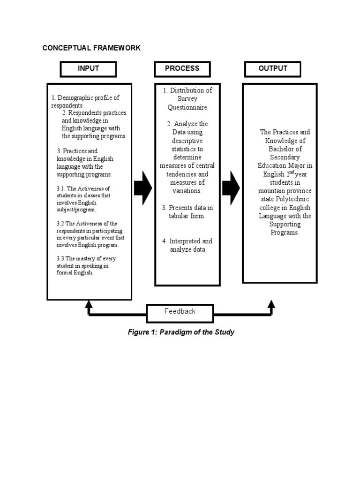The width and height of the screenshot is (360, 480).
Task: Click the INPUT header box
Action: tap(88, 69)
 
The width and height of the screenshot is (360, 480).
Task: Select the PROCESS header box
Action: tap(182, 69)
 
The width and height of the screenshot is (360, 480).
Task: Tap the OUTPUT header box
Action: tap(272, 69)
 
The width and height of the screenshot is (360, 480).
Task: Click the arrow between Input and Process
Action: tap(143, 188)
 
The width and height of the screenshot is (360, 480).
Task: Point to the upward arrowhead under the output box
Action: tap(271, 305)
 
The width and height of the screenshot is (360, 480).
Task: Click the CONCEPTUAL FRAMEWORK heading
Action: tap(91, 48)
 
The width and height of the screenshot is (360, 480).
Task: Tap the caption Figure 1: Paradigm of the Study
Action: tap(181, 332)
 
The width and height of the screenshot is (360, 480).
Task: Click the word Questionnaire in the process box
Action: tap(187, 107)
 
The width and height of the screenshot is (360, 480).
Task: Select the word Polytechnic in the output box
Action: tap(292, 199)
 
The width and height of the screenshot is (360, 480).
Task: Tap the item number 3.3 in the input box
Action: tap(60, 259)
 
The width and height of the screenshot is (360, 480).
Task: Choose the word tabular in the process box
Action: tap(179, 216)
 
